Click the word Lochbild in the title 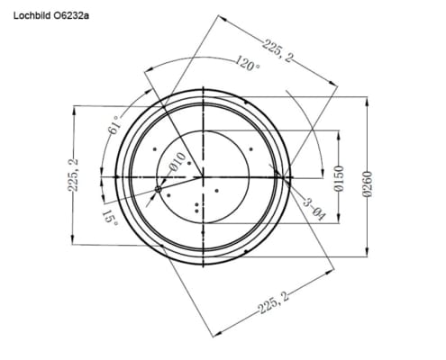pos(32,15)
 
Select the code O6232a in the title pos(71,15)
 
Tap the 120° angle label pos(247,63)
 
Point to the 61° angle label pos(114,124)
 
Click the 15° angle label pos(110,218)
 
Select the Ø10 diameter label pos(177,162)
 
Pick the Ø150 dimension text pos(339,178)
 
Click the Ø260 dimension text pos(368,184)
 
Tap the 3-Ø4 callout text pos(314,209)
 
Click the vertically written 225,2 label pos(73,175)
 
